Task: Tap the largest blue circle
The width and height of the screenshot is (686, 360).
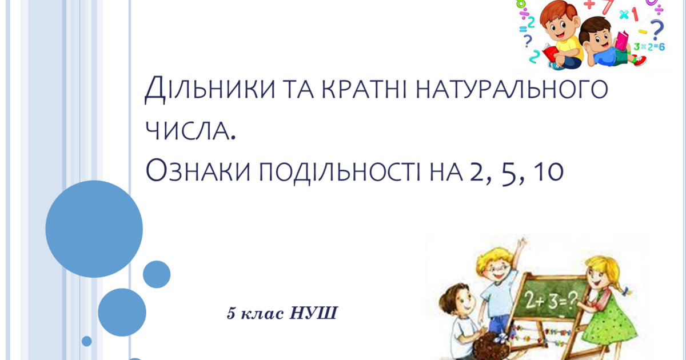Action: coord(94,229)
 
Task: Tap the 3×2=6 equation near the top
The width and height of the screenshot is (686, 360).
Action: coord(648,46)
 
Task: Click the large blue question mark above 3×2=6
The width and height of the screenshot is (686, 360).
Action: coord(658,29)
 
